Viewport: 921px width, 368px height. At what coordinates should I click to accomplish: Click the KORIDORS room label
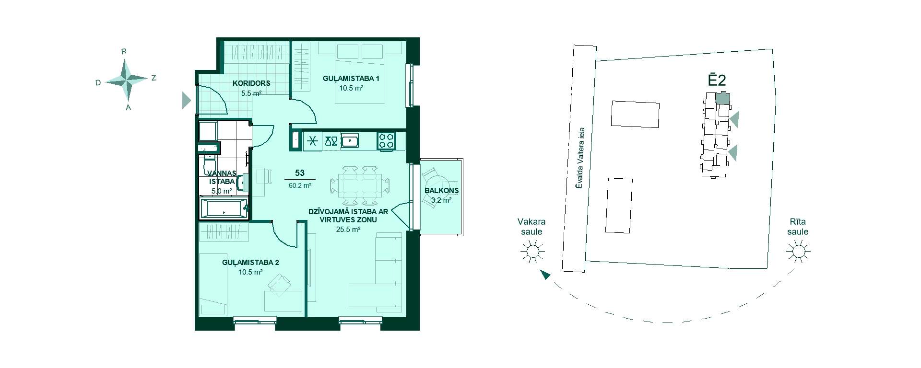click(251, 83)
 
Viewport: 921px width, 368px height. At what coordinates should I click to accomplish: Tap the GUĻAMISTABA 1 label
click(351, 78)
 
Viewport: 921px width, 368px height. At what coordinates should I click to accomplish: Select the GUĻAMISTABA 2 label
click(250, 263)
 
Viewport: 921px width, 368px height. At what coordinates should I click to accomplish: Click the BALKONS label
click(441, 190)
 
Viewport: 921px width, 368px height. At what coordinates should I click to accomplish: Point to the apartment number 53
click(300, 173)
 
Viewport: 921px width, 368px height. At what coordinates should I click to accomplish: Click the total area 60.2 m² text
click(300, 185)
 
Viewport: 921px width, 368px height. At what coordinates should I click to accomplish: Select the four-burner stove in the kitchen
click(387, 141)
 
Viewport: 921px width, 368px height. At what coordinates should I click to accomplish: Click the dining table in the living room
click(360, 185)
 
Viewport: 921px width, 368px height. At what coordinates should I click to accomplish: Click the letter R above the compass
click(124, 51)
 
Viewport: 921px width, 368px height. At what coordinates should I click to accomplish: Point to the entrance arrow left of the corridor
click(186, 101)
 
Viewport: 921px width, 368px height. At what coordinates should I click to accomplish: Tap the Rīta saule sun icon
click(798, 251)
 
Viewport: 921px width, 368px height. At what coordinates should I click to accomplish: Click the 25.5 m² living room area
click(348, 230)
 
